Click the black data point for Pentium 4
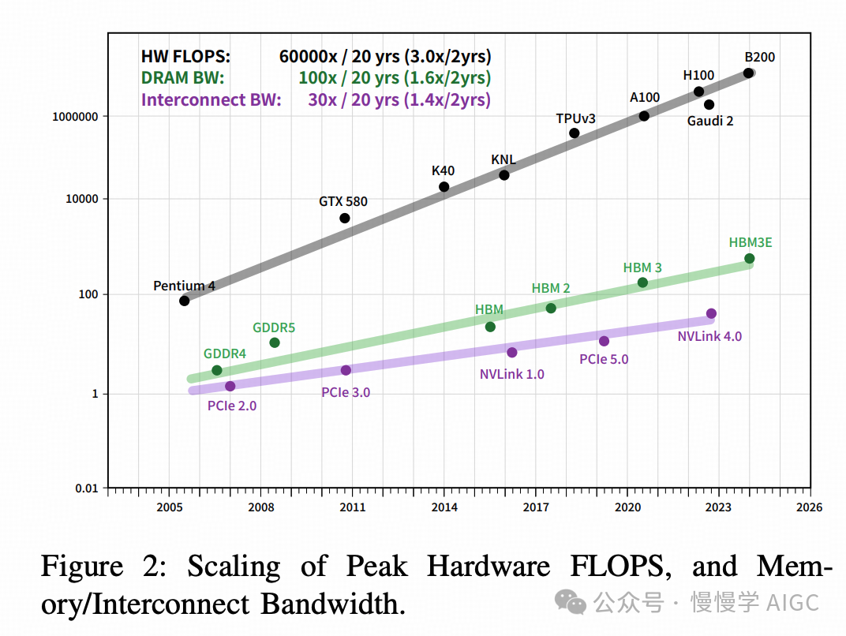click(x=184, y=301)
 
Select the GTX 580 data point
click(x=345, y=218)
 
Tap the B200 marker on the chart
click(x=748, y=73)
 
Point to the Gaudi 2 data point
click(x=709, y=104)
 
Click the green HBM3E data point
click(x=749, y=259)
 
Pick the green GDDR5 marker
click(x=275, y=342)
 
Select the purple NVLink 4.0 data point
click(x=711, y=313)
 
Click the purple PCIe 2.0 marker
click(x=230, y=386)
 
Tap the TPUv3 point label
click(x=575, y=118)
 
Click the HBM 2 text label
click(x=550, y=289)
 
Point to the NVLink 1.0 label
click(x=511, y=374)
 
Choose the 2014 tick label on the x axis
click(x=444, y=507)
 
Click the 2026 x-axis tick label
click(x=810, y=507)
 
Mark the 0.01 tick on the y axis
click(x=86, y=488)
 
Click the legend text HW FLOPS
click(x=185, y=57)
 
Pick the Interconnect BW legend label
click(x=211, y=100)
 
